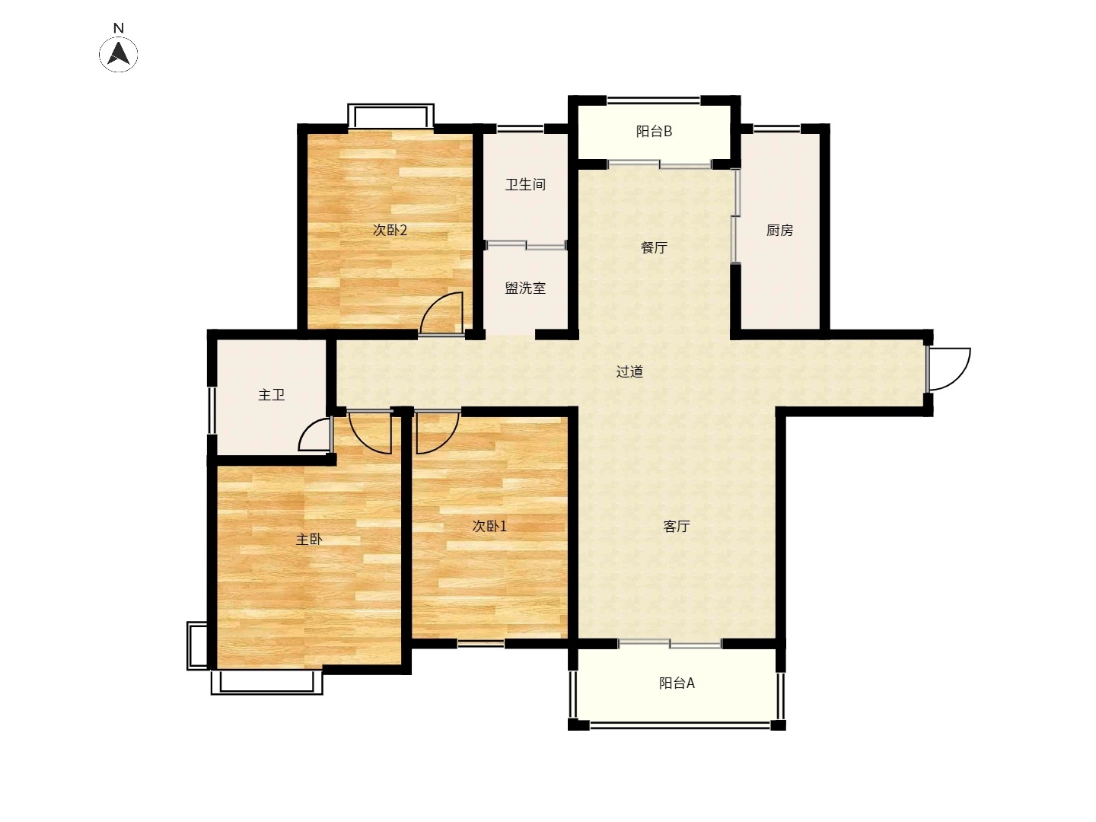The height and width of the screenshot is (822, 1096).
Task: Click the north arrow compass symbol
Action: [118, 54]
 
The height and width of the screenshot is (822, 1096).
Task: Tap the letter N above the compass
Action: [118, 28]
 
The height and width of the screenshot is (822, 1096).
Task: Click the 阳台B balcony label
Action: [654, 131]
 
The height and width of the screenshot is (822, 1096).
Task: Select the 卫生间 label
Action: [525, 185]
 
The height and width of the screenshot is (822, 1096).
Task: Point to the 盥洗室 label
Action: [525, 288]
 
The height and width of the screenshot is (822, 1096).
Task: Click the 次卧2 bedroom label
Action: [390, 230]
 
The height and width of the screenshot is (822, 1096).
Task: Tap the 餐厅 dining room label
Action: [654, 247]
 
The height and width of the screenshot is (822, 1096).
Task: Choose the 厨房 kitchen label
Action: [779, 230]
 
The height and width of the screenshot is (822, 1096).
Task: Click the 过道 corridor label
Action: [629, 371]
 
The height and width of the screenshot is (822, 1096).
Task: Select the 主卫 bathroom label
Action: [271, 395]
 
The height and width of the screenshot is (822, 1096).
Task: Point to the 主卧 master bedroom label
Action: [309, 539]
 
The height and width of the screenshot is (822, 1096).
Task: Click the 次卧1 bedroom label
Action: [489, 526]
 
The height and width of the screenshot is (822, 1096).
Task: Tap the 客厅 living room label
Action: [677, 526]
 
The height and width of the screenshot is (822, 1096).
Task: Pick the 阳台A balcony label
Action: [677, 683]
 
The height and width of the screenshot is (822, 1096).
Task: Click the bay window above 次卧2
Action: [390, 115]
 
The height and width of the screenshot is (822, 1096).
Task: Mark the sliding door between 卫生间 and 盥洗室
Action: [526, 245]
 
